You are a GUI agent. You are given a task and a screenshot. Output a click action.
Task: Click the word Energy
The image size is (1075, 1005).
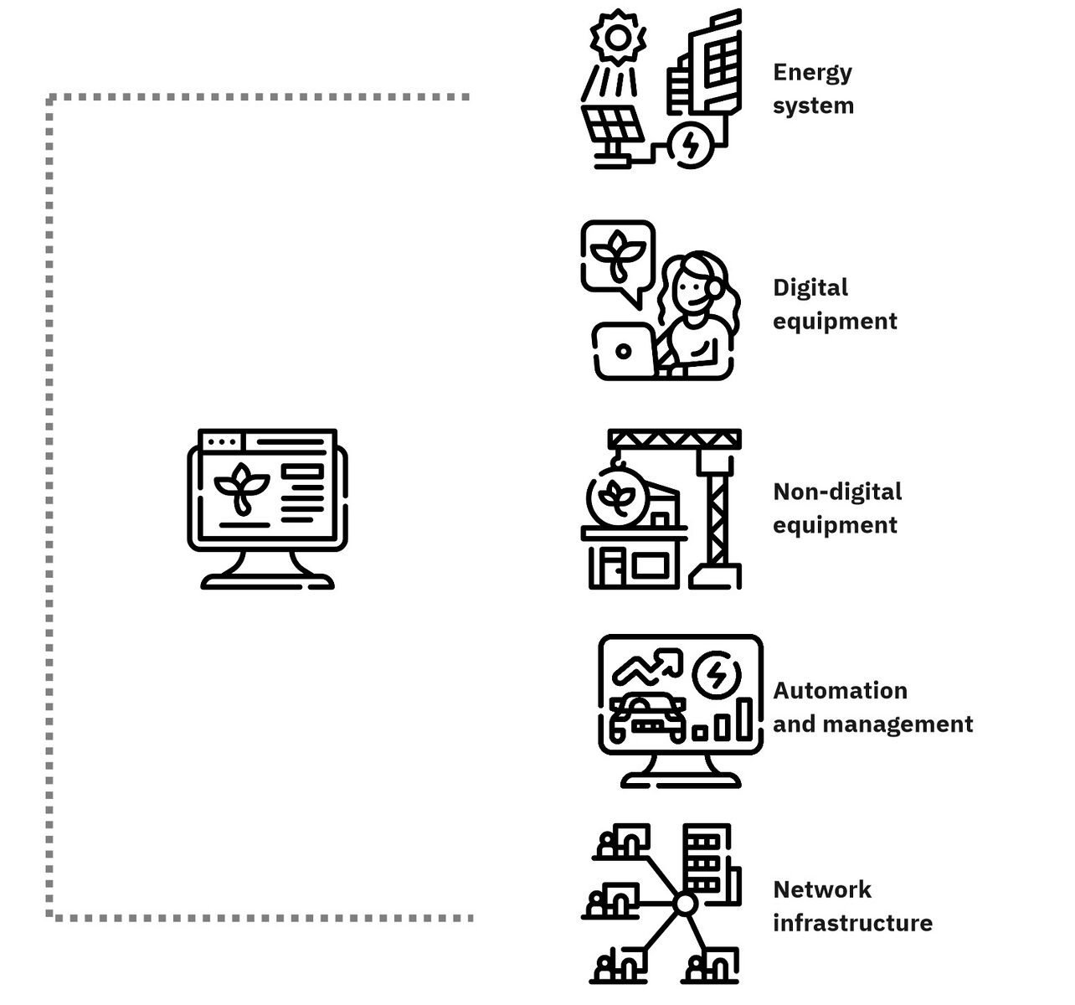click(812, 73)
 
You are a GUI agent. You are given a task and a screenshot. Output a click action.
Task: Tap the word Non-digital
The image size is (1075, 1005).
click(837, 492)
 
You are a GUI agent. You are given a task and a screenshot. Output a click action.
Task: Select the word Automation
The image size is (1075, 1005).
click(840, 690)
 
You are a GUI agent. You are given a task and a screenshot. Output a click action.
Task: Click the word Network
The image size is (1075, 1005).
click(822, 889)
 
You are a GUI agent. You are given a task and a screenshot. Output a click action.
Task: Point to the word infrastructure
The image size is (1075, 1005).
click(852, 923)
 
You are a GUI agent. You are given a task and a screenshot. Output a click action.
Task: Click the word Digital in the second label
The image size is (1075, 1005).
click(810, 287)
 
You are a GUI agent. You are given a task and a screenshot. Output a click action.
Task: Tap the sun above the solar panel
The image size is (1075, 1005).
click(618, 38)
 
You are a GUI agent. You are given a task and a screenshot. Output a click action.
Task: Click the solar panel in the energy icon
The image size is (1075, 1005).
click(612, 123)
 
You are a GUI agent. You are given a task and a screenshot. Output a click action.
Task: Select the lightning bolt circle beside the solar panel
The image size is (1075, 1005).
click(690, 145)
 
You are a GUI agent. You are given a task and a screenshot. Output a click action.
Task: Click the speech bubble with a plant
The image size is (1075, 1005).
click(618, 260)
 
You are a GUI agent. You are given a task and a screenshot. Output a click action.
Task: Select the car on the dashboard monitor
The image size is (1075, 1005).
click(647, 717)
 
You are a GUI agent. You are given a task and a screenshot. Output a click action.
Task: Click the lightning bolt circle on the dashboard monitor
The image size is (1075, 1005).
click(717, 675)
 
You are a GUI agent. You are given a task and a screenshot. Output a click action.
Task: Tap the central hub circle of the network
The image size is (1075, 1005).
click(686, 904)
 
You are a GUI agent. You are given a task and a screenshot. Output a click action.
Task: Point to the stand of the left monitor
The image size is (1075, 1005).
click(267, 569)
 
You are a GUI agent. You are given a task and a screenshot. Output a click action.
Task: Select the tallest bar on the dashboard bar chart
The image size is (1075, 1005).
click(745, 719)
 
